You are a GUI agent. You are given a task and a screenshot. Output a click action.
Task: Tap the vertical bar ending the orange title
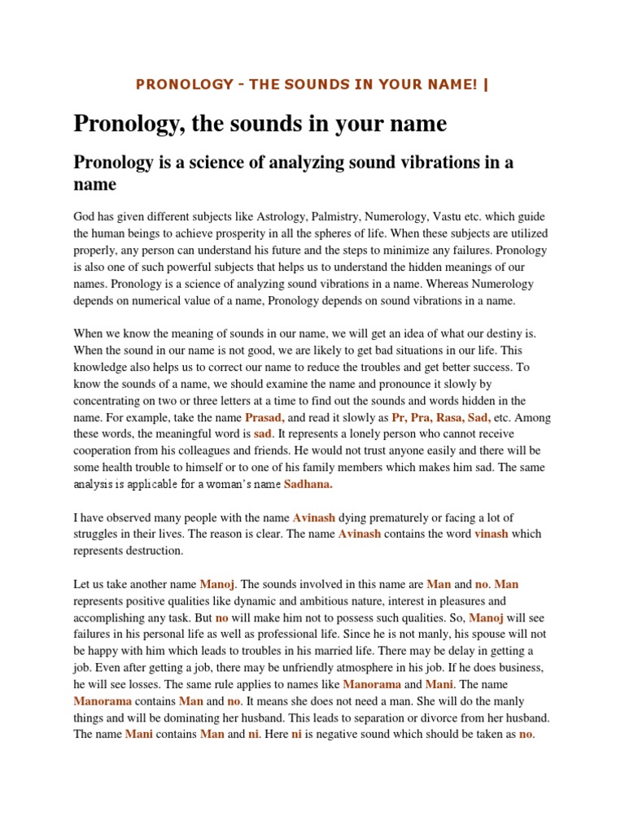pyautogui.click(x=485, y=85)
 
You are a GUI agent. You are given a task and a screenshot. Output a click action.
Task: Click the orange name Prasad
pyautogui.click(x=264, y=417)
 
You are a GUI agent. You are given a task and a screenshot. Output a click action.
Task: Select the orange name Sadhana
pyautogui.click(x=308, y=484)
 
